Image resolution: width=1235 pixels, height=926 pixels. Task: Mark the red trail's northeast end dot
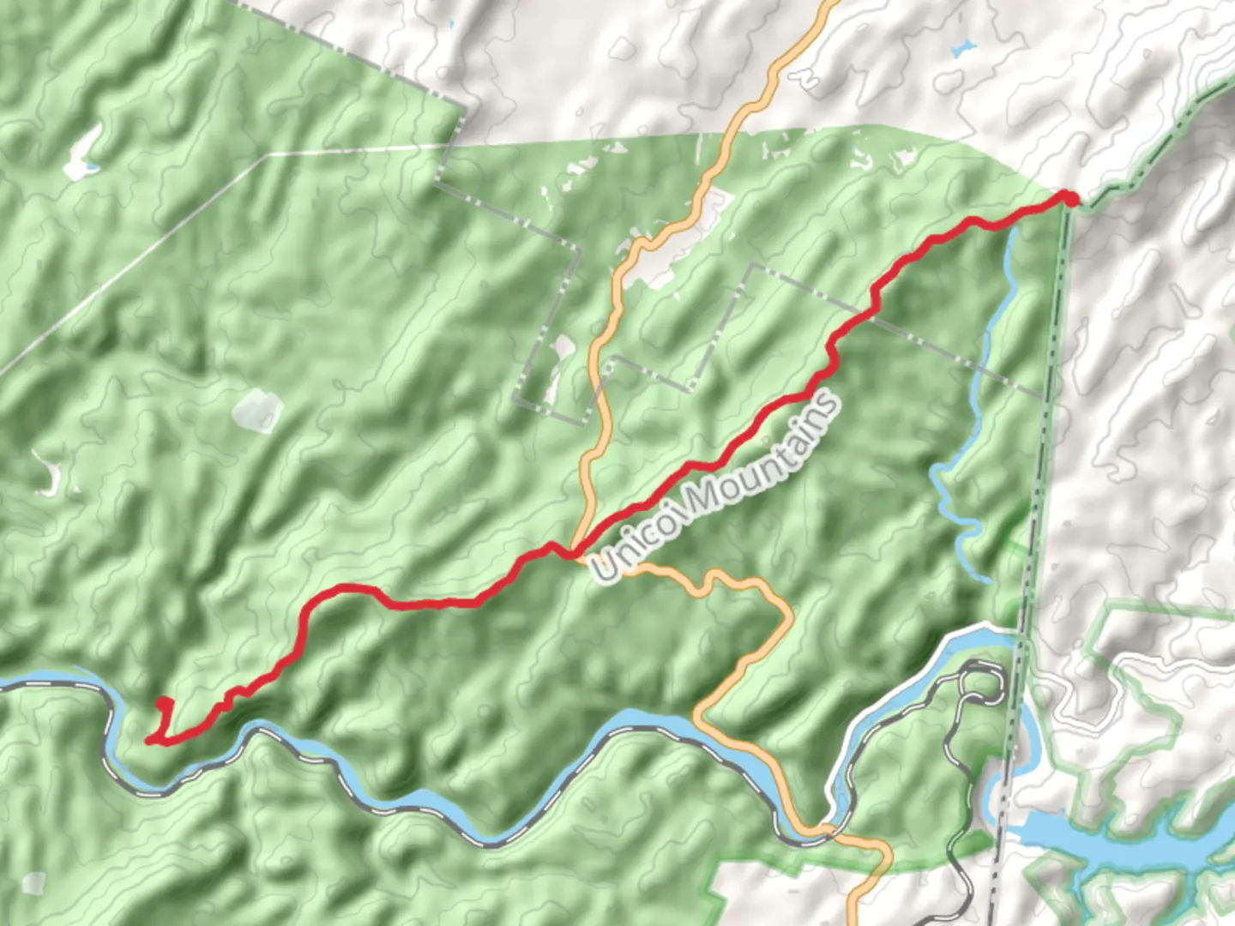[x=1069, y=199]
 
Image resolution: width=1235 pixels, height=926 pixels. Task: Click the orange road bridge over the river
[x=821, y=828]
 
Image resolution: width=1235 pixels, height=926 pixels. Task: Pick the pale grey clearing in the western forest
[x=256, y=410]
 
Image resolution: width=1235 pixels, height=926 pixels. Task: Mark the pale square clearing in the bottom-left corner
[x=34, y=883]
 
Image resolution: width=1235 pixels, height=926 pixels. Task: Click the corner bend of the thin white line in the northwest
[x=269, y=155]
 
